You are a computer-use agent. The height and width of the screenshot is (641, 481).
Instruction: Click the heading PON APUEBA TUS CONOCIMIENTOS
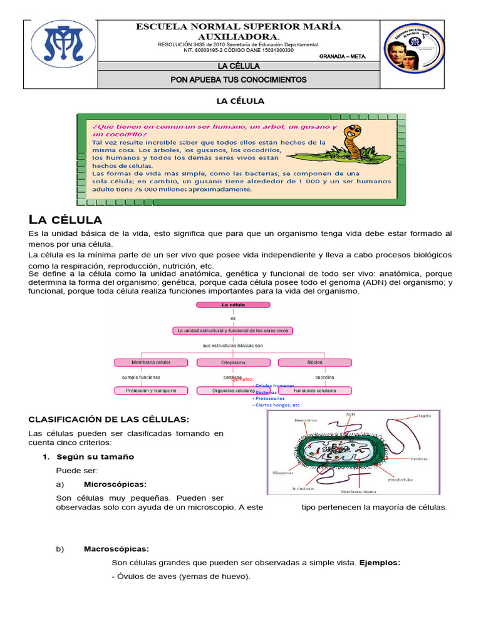click(239, 80)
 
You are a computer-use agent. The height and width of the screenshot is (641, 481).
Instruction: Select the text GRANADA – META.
click(343, 56)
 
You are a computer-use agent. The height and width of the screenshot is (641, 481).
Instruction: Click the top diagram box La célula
click(233, 305)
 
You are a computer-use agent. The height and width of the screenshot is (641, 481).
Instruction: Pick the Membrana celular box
click(150, 362)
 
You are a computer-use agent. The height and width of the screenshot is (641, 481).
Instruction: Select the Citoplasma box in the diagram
click(233, 362)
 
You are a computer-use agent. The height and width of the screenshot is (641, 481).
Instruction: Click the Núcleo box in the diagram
click(315, 362)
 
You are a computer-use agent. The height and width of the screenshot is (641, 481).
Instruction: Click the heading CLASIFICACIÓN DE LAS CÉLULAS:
click(108, 419)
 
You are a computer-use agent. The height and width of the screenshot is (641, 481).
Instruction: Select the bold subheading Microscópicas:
click(115, 485)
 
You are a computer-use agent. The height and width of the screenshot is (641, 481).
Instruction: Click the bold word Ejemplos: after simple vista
click(380, 563)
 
